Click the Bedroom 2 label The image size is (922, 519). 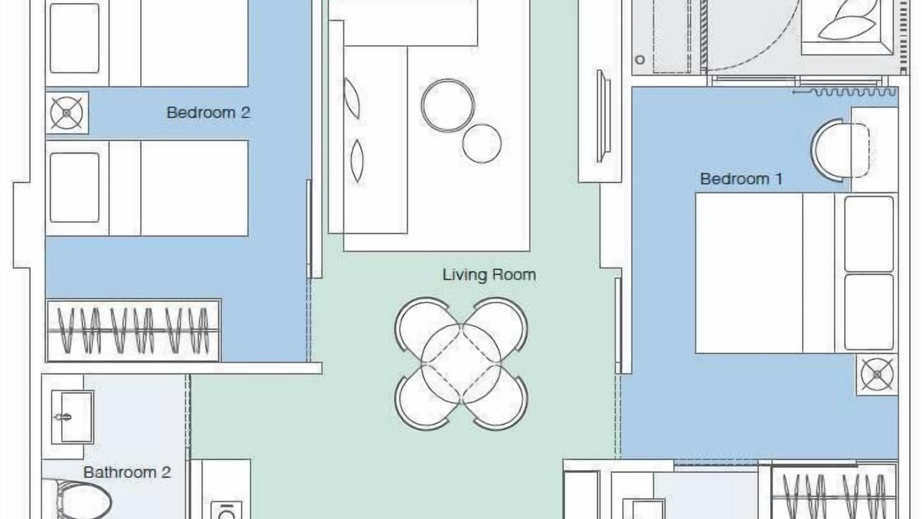pyautogui.click(x=208, y=112)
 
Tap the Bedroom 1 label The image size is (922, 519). pyautogui.click(x=741, y=179)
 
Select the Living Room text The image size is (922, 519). pyautogui.click(x=489, y=275)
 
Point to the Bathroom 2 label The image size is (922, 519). pyautogui.click(x=127, y=472)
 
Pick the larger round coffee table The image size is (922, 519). pyautogui.click(x=448, y=105)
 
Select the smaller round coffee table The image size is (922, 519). pyautogui.click(x=482, y=143)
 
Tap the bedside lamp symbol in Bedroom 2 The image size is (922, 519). pyautogui.click(x=67, y=113)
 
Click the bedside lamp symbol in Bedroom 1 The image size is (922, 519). pyautogui.click(x=877, y=374)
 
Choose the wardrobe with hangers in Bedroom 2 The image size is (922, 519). pyautogui.click(x=133, y=331)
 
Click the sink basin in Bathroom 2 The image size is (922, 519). pyautogui.click(x=73, y=417)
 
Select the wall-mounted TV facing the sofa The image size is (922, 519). pyautogui.click(x=603, y=116)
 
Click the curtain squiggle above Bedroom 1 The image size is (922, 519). pyautogui.click(x=845, y=92)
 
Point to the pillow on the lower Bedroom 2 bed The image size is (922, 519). pyautogui.click(x=74, y=188)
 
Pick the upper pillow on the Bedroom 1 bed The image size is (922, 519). pyautogui.click(x=869, y=234)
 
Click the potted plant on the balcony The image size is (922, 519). pyautogui.click(x=848, y=25)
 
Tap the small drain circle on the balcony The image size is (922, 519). pyautogui.click(x=640, y=60)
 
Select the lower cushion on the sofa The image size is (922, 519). pyautogui.click(x=357, y=161)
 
